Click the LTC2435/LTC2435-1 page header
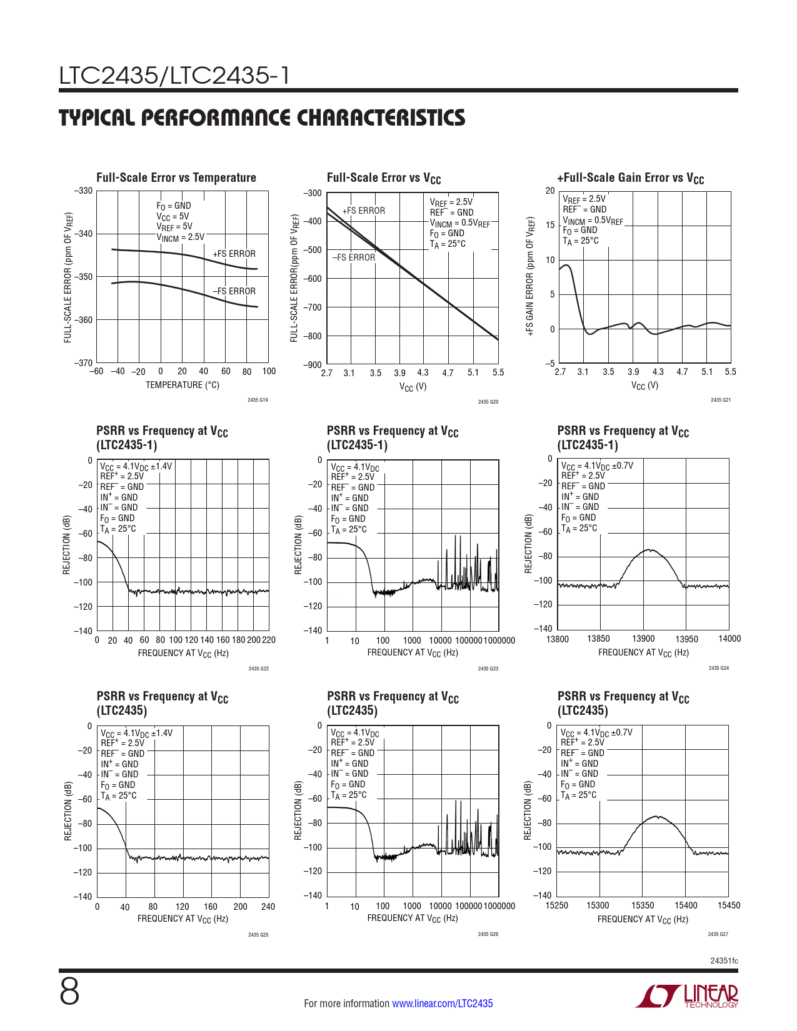pyautogui.click(x=174, y=76)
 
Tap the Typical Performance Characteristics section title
pyautogui.click(x=262, y=117)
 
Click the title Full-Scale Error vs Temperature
pyautogui.click(x=176, y=177)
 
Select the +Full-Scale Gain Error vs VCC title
pyautogui.click(x=630, y=178)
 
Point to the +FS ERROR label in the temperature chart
pyautogui.click(x=234, y=254)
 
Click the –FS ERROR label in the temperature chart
pyautogui.click(x=234, y=291)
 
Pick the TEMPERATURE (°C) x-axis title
pyautogui.click(x=183, y=385)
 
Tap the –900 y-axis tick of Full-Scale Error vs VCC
pyautogui.click(x=313, y=365)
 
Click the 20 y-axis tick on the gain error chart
pyautogui.click(x=550, y=191)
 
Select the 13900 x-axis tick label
pyautogui.click(x=643, y=639)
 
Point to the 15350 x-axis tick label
pyautogui.click(x=643, y=905)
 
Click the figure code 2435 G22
pyautogui.click(x=258, y=669)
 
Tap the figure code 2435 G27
pyautogui.click(x=718, y=934)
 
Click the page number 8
pyautogui.click(x=69, y=992)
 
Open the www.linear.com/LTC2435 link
pyautogui.click(x=442, y=1004)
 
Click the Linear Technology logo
pyautogui.click(x=687, y=996)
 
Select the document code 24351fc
pyautogui.click(x=724, y=960)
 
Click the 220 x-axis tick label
pyautogui.click(x=269, y=640)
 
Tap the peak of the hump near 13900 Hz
pyautogui.click(x=650, y=550)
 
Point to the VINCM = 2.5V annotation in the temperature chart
pyautogui.click(x=180, y=237)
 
